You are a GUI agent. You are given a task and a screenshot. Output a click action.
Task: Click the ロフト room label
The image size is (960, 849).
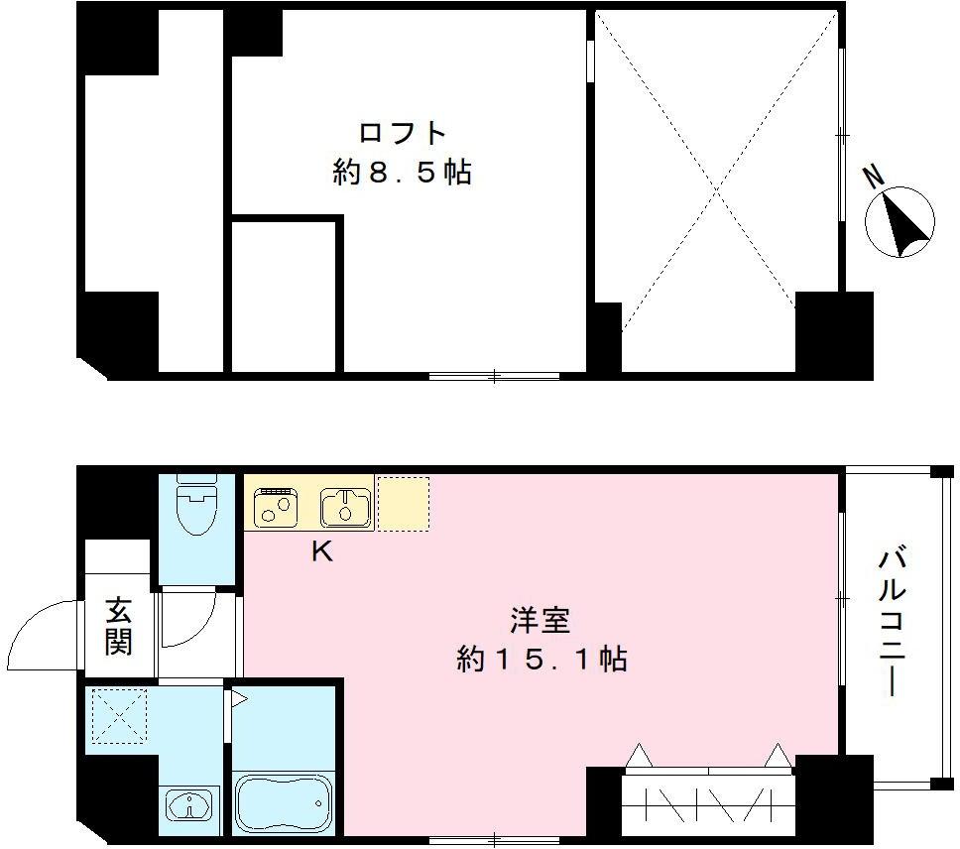[402, 133]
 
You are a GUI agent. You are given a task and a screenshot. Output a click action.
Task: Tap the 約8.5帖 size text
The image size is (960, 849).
[402, 174]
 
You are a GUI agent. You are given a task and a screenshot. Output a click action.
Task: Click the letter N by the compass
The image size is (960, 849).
[873, 178]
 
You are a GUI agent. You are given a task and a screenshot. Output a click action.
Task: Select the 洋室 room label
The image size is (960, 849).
[540, 622]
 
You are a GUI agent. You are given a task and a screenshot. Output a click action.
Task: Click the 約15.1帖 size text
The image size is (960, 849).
[541, 660]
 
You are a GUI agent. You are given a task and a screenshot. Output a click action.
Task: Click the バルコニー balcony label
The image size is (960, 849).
[890, 620]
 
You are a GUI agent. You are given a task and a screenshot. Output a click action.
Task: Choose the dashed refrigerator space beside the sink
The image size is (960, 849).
[403, 503]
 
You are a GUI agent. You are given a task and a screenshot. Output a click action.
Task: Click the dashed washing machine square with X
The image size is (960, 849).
[118, 716]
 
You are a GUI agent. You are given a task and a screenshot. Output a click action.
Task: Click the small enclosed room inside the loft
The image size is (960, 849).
[286, 296]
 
